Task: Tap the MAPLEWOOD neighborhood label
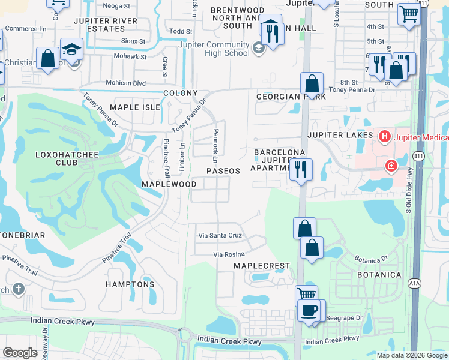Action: click(x=169, y=183)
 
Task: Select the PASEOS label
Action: click(x=223, y=171)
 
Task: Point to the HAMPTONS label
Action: click(x=130, y=284)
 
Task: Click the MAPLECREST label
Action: click(x=261, y=265)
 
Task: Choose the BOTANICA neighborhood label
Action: click(x=378, y=274)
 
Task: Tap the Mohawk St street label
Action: click(x=131, y=56)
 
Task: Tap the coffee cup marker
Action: click(x=309, y=310)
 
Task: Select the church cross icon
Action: click(x=19, y=289)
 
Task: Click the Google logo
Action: click(x=20, y=353)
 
